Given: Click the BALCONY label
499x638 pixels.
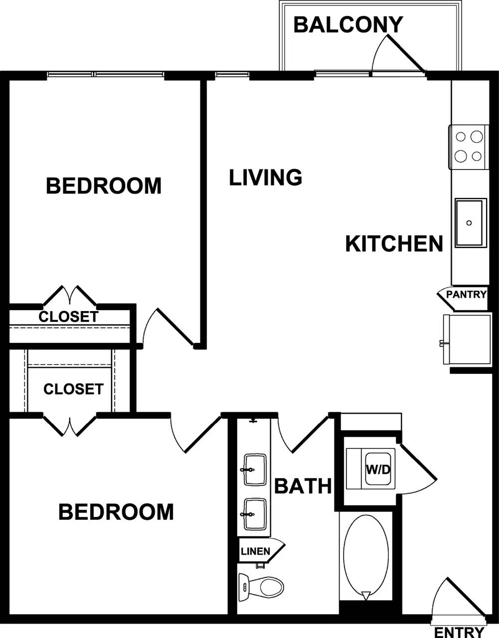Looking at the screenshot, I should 348,24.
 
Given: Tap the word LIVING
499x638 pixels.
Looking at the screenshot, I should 266,177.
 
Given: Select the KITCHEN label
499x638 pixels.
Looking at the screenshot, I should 394,244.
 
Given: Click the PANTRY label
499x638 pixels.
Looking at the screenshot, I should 466,294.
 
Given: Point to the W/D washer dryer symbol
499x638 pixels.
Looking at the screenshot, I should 378,470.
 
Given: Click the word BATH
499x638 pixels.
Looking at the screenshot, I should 303,486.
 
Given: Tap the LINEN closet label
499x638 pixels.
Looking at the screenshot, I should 255,551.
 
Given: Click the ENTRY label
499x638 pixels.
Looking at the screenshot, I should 459,632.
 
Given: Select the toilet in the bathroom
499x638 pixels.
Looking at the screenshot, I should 262,586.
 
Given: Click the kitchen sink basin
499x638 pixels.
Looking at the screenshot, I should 470,222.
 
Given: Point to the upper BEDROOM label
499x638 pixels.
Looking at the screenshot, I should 104,186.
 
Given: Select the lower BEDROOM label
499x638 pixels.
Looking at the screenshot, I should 116,512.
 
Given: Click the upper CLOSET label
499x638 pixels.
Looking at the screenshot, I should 68,317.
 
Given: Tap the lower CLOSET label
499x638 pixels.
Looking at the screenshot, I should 73,389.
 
